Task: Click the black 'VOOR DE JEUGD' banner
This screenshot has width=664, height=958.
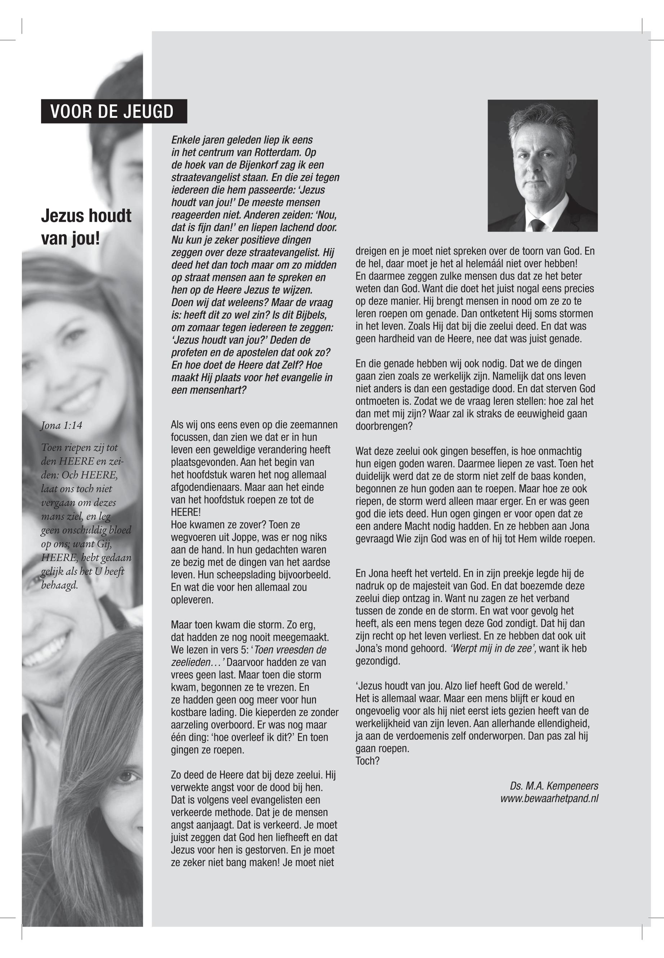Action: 114,112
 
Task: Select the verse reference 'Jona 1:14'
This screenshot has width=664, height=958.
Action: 62,425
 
